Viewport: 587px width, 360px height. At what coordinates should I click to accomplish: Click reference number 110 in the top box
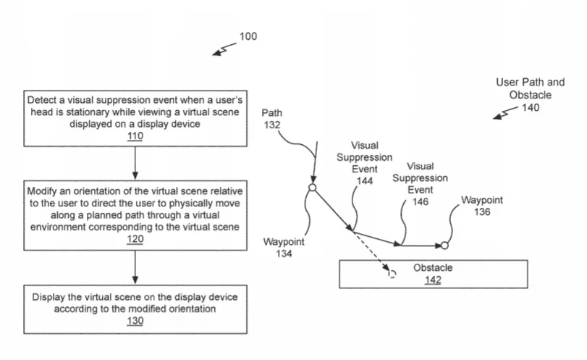click(x=135, y=136)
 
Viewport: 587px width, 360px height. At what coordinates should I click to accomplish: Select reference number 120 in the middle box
click(x=135, y=239)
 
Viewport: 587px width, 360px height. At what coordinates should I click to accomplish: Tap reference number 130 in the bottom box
click(x=135, y=321)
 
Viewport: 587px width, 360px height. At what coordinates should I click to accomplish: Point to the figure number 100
click(x=248, y=36)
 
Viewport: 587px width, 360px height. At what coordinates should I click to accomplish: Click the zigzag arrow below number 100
click(x=224, y=49)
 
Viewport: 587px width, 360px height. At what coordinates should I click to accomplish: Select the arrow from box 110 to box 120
click(x=135, y=163)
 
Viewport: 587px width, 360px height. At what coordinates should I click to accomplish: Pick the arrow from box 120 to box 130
click(x=135, y=267)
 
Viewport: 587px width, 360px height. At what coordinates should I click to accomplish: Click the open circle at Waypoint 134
click(x=312, y=188)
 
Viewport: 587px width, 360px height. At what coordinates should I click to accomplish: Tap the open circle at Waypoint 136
click(x=444, y=246)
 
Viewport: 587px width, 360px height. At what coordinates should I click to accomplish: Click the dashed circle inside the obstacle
click(x=392, y=275)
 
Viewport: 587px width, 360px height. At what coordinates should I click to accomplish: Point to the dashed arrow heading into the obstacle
click(x=371, y=250)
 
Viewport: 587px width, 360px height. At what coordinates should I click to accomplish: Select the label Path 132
click(x=272, y=119)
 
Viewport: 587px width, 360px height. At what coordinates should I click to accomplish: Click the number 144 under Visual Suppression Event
click(x=365, y=181)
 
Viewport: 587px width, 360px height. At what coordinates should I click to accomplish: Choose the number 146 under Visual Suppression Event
click(x=421, y=202)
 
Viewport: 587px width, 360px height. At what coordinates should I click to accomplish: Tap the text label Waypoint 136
click(x=482, y=206)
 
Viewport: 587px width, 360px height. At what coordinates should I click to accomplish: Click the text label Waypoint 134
click(x=284, y=248)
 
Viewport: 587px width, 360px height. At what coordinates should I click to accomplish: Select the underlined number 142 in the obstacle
click(x=433, y=280)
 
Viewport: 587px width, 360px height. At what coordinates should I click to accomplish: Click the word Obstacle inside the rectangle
click(x=433, y=268)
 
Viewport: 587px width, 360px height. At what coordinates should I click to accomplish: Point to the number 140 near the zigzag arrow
click(x=531, y=107)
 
